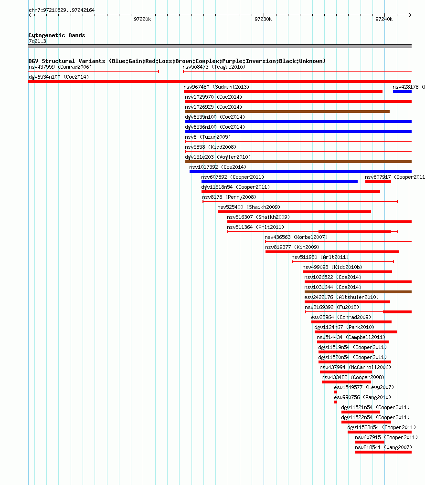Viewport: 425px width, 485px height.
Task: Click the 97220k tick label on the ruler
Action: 142,19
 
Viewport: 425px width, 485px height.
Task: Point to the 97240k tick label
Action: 384,19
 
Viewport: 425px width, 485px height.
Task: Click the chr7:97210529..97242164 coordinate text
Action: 62,10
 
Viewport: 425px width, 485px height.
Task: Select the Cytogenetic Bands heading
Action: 57,35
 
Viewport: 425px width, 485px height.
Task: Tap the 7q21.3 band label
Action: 37,41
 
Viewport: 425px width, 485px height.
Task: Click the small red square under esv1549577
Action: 336,392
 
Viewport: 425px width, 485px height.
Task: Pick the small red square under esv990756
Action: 336,402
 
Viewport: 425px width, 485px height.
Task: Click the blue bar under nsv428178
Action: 402,92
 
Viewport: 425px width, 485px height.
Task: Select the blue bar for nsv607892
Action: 279,182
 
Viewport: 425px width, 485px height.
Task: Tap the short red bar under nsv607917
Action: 378,182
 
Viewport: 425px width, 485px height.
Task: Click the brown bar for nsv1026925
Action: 287,112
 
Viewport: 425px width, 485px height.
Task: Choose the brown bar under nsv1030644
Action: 358,292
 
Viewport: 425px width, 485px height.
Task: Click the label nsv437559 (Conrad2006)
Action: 60,67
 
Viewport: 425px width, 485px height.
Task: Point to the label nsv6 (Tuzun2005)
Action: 208,137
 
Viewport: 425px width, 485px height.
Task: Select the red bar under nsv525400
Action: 294,212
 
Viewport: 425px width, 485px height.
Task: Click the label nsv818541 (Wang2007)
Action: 383,447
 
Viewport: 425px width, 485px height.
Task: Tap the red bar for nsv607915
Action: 370,442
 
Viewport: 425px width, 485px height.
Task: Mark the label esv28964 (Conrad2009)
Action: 341,317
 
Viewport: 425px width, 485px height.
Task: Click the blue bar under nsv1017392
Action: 300,172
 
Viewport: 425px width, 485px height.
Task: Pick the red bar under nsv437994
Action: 346,372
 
